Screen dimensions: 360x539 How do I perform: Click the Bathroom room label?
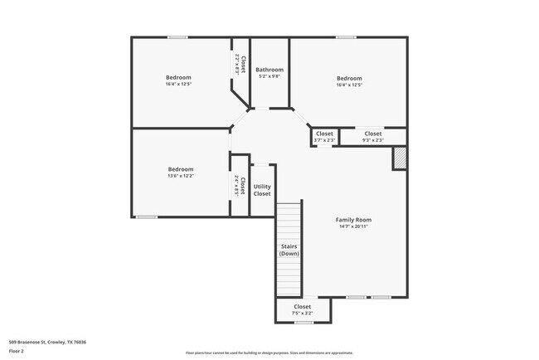click(x=269, y=70)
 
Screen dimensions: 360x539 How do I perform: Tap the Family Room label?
click(x=353, y=220)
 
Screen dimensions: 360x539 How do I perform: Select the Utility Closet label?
click(x=262, y=190)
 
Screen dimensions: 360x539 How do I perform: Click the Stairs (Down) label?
click(x=289, y=250)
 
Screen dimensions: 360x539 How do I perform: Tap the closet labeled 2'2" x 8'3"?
click(x=240, y=65)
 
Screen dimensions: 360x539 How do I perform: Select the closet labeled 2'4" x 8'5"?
click(x=240, y=186)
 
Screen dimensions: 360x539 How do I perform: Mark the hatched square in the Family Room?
click(x=400, y=158)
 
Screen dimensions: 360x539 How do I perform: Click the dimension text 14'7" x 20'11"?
click(x=353, y=226)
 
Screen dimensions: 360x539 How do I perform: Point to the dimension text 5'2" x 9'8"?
click(x=269, y=76)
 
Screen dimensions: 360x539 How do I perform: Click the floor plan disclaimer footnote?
click(x=269, y=352)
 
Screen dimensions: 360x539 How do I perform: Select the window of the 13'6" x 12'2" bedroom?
click(x=147, y=217)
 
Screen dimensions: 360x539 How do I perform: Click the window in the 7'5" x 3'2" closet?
click(x=303, y=323)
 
